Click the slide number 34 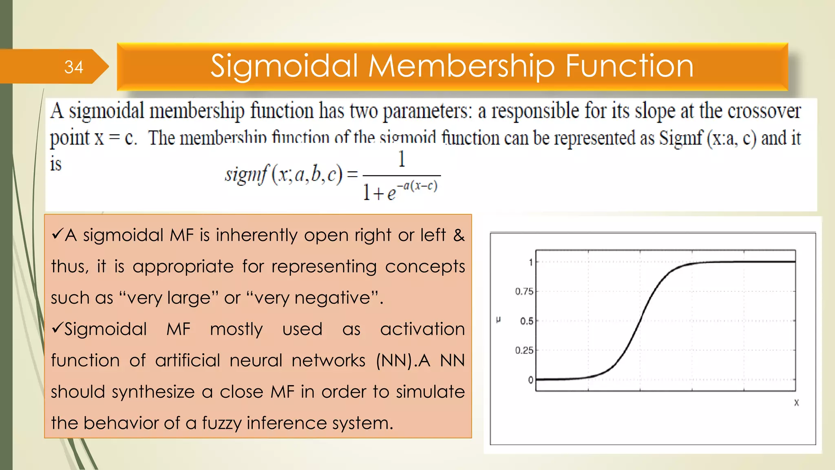click(x=73, y=67)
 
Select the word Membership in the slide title click(x=462, y=66)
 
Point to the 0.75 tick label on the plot click(x=524, y=291)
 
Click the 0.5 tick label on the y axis click(x=526, y=321)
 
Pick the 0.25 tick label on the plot click(x=524, y=350)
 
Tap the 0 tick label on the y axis click(x=530, y=380)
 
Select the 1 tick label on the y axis click(x=530, y=262)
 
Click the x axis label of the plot click(x=796, y=403)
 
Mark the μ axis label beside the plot click(x=498, y=319)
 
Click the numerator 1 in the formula click(x=402, y=159)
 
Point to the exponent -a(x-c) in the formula click(x=417, y=186)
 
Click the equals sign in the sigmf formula click(x=352, y=175)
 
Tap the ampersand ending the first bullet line click(x=459, y=235)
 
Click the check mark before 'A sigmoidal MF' click(x=57, y=234)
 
